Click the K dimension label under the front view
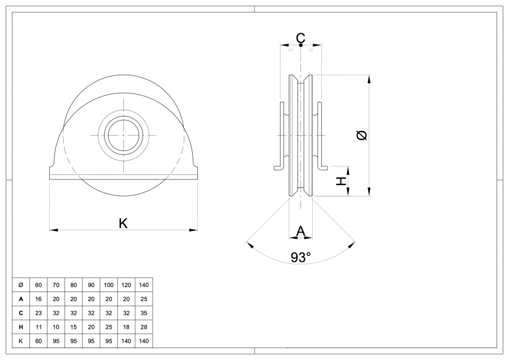123,224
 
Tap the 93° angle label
301,258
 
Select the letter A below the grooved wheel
301,231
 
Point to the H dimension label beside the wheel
341,181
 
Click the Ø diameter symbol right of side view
362,135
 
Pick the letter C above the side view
301,38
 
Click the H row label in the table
21,327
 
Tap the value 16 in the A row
38,298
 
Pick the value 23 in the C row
38,312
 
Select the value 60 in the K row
38,341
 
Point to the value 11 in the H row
38,327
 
